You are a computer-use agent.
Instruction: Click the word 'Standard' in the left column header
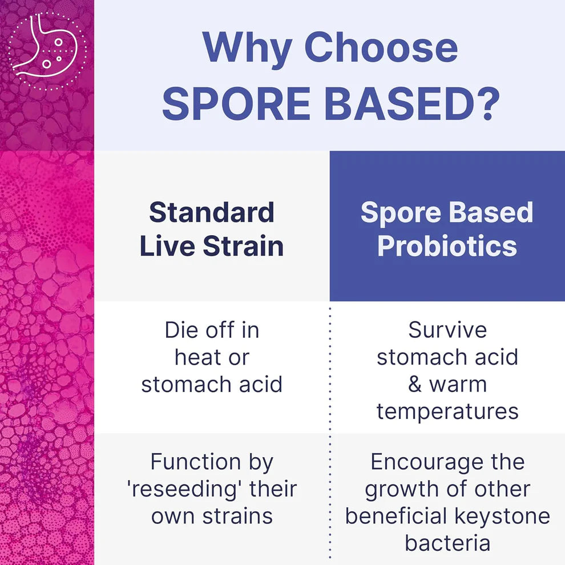pos(212,213)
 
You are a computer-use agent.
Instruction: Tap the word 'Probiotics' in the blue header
pos(447,246)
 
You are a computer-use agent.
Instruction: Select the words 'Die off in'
pos(212,330)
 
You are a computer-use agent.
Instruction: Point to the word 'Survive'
pos(447,330)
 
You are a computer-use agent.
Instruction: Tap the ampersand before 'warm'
pos(415,384)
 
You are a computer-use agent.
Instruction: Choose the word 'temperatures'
pos(447,411)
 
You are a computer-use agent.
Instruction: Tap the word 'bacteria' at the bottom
pos(447,543)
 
